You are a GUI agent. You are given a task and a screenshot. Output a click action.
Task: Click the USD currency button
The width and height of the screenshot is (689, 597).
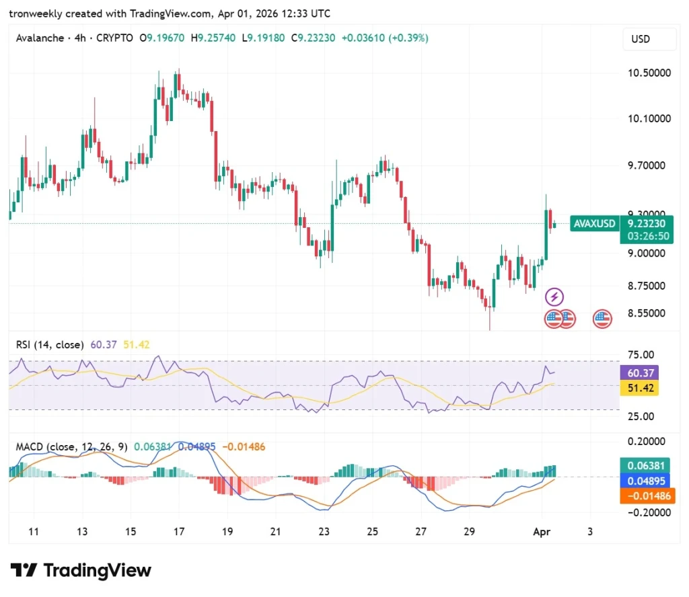tap(641, 39)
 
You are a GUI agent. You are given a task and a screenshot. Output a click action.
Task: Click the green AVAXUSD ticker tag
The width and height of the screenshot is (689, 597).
tap(594, 224)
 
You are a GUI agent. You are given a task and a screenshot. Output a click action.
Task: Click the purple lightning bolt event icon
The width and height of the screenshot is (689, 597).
tap(554, 296)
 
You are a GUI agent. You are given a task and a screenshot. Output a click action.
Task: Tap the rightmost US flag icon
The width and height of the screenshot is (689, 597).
tap(602, 319)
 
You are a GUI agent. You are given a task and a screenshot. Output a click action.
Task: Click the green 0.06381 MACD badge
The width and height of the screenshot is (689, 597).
tap(647, 465)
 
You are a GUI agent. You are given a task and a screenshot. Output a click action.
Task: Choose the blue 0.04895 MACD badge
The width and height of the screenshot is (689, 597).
tap(647, 481)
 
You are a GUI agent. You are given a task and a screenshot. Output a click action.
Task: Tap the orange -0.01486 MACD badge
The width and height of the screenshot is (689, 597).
tap(647, 496)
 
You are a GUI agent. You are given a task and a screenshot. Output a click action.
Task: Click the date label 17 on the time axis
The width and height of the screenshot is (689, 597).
tap(179, 532)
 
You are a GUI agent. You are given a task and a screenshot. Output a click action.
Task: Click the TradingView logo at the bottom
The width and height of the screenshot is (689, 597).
tap(81, 571)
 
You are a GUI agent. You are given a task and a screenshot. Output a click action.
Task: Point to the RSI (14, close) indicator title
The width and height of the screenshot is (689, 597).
tap(50, 345)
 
